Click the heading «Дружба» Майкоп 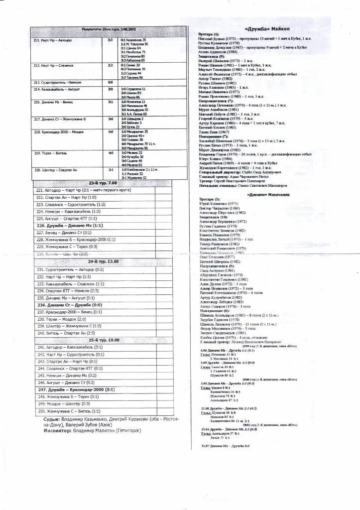[x=264, y=28]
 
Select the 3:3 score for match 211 [x=110, y=40]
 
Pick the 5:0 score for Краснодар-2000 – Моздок [x=110, y=132]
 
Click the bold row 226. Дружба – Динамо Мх [x=70, y=225]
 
